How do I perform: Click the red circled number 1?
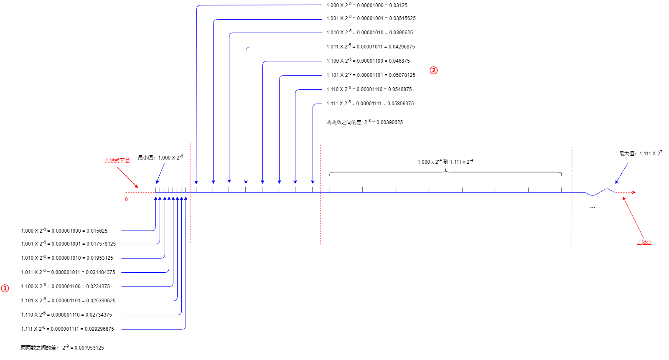[x=5, y=289]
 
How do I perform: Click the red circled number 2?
[x=434, y=71]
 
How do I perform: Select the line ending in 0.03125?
[x=366, y=5]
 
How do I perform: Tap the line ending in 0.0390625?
[x=369, y=33]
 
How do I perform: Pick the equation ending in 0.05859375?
[x=370, y=104]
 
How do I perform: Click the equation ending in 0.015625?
[x=64, y=231]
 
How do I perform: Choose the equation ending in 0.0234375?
[x=65, y=286]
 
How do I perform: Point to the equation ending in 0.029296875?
[x=67, y=329]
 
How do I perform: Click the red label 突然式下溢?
[x=117, y=161]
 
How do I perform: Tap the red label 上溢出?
[x=644, y=243]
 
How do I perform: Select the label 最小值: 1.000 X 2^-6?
[x=160, y=157]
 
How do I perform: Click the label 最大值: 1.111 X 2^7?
[x=640, y=153]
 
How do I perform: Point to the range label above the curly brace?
[x=445, y=162]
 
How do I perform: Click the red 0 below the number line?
[x=126, y=199]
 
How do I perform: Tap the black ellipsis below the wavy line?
[x=593, y=207]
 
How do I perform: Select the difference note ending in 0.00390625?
[x=364, y=122]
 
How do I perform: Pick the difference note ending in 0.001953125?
[x=62, y=347]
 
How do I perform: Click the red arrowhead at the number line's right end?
[x=633, y=192]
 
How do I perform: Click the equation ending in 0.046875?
[x=368, y=61]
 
